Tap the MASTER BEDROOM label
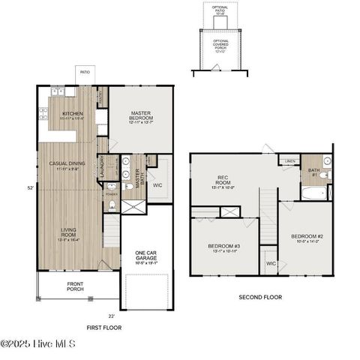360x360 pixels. click(141, 115)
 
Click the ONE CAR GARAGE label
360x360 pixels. click(145, 256)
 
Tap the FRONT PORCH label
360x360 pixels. click(75, 286)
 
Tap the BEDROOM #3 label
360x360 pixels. click(225, 248)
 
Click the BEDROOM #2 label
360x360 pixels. click(305, 238)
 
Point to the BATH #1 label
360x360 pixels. click(314, 172)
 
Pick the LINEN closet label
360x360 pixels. click(289, 161)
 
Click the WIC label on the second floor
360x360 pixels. click(271, 263)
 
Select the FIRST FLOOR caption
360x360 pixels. click(103, 327)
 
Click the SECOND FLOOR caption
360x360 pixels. click(260, 297)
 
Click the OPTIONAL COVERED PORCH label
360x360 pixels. click(220, 46)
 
